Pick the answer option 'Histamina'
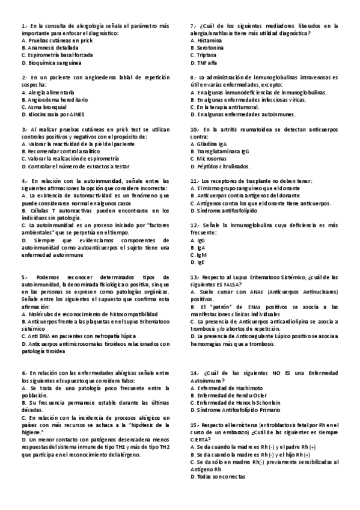[209, 40]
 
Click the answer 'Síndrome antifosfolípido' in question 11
[227, 210]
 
